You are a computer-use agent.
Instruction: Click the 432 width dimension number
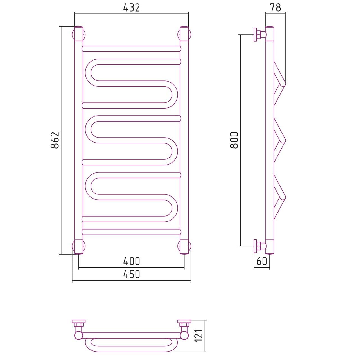click(132, 8)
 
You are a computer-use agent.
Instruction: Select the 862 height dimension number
click(55, 140)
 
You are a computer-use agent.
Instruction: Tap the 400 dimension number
click(132, 261)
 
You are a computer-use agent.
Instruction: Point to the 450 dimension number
click(132, 274)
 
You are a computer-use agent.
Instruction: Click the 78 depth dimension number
click(275, 8)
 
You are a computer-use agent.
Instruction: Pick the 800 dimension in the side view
click(234, 140)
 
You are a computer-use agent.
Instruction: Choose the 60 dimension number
click(261, 261)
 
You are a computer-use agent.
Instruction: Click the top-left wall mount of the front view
click(79, 35)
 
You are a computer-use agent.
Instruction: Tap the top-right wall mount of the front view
click(184, 35)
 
